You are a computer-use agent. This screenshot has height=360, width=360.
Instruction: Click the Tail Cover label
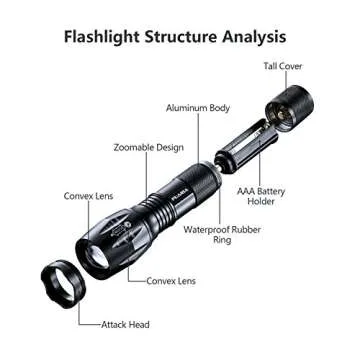click(x=283, y=66)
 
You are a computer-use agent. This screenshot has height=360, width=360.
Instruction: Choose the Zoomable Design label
click(x=149, y=147)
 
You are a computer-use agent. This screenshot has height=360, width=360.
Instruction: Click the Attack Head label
click(x=125, y=324)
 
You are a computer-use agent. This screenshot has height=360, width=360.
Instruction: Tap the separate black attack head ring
click(x=62, y=285)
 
